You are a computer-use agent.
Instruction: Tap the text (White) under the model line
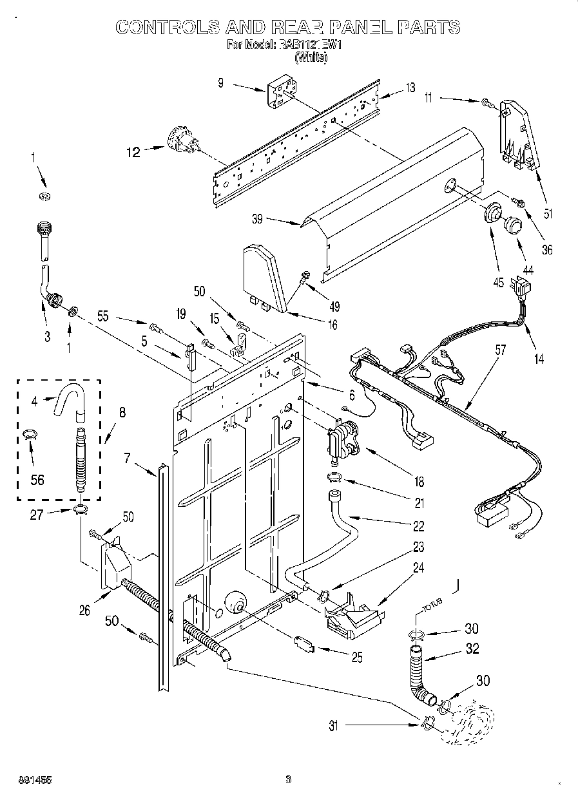[x=311, y=58]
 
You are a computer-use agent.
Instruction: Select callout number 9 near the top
[x=220, y=82]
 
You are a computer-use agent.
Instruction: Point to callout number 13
[x=410, y=88]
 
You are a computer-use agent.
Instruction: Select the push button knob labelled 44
[x=514, y=225]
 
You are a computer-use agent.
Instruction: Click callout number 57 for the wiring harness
[x=500, y=350]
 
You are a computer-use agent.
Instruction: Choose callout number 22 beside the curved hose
[x=418, y=526]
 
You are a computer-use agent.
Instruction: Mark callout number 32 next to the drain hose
[x=472, y=649]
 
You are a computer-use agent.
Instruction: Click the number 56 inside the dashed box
[x=38, y=479]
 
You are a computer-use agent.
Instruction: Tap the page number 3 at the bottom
[x=289, y=780]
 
